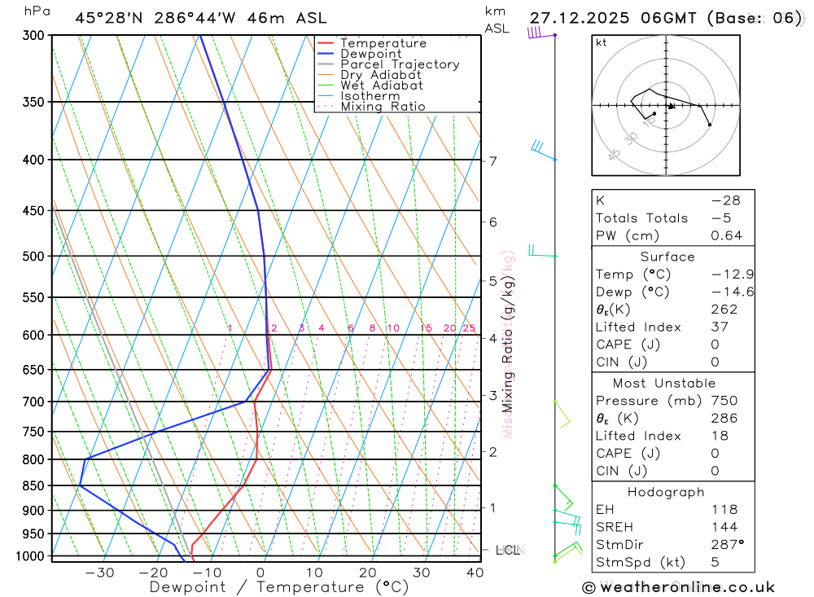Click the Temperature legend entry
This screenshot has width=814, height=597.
tap(383, 43)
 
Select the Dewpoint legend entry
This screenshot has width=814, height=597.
tap(370, 54)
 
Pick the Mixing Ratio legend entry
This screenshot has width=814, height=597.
tap(383, 107)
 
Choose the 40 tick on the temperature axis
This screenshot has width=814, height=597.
tap(475, 573)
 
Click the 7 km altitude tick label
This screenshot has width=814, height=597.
tap(493, 161)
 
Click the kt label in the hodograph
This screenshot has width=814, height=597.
tap(602, 42)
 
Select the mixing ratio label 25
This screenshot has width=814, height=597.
tap(469, 328)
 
